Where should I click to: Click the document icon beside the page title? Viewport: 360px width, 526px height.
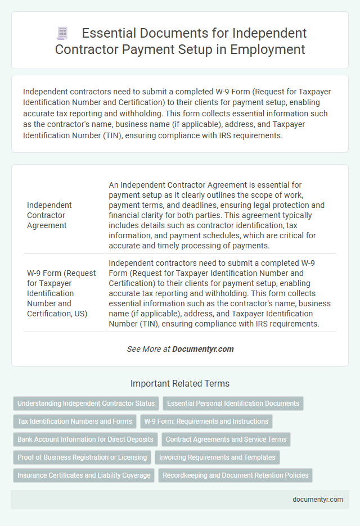click(x=63, y=34)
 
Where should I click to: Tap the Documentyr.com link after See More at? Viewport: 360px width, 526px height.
click(x=202, y=349)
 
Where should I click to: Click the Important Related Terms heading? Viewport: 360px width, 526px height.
click(x=180, y=384)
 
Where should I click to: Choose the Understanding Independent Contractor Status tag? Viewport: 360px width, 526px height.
click(x=86, y=403)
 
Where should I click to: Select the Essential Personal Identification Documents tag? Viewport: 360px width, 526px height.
click(x=233, y=403)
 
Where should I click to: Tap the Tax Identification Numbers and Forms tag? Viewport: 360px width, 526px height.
click(x=75, y=421)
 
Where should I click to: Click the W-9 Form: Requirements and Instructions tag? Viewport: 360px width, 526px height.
click(x=206, y=421)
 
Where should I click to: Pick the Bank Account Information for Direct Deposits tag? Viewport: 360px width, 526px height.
click(x=85, y=439)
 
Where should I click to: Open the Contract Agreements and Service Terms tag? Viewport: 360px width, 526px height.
click(x=226, y=439)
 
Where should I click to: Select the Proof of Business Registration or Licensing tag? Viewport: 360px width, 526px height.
click(x=82, y=457)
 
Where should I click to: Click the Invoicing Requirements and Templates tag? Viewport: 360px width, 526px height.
click(x=217, y=457)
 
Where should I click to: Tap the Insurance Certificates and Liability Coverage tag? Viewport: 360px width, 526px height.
click(x=84, y=475)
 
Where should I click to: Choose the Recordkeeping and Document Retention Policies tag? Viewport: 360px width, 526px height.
click(x=236, y=475)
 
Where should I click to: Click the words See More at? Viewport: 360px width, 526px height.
click(x=148, y=349)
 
